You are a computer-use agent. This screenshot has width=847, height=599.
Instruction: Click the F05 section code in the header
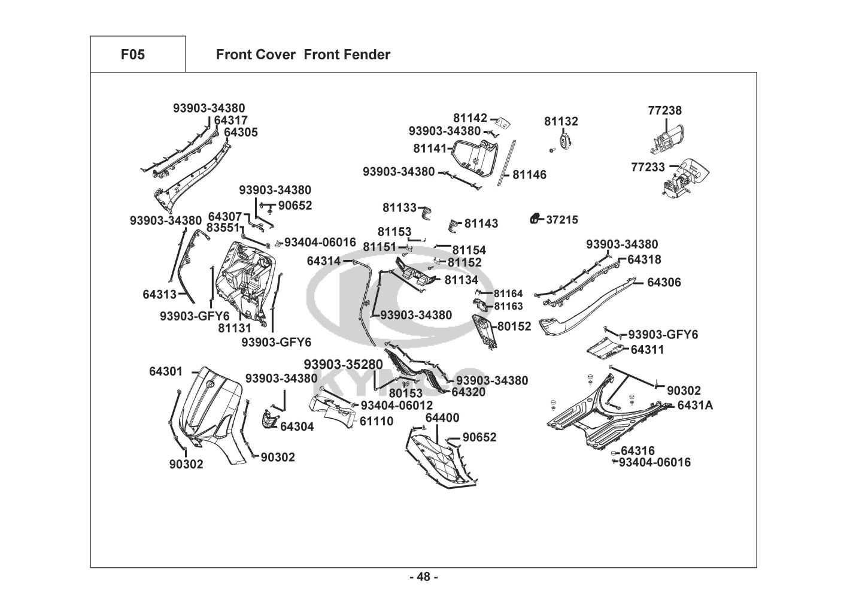coord(132,55)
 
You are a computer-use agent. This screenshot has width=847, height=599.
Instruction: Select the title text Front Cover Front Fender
coord(303,55)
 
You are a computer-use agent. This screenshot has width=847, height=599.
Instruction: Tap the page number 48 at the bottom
coord(423,577)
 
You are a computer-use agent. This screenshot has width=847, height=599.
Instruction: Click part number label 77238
coord(664,111)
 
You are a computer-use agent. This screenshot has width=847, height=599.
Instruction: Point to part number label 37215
coord(562,220)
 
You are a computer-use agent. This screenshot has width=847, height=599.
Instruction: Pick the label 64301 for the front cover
coord(166,371)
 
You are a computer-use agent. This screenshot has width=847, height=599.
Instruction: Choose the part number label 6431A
coord(695,406)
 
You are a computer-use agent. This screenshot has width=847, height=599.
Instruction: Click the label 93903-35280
coord(343,365)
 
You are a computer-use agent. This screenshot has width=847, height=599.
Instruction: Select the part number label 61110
coord(377,421)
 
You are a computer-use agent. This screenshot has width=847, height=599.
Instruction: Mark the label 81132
coord(561,122)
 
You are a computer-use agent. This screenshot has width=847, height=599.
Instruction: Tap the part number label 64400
coord(442,418)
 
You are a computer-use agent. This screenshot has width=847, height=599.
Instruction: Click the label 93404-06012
coord(396,406)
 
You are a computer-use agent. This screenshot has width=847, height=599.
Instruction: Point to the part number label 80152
coord(514,326)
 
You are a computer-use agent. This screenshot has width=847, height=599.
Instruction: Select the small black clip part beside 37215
coord(535,219)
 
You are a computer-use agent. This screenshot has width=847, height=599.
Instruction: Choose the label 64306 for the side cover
coord(664,282)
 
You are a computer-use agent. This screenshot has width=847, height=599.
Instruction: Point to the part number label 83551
coord(223,228)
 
